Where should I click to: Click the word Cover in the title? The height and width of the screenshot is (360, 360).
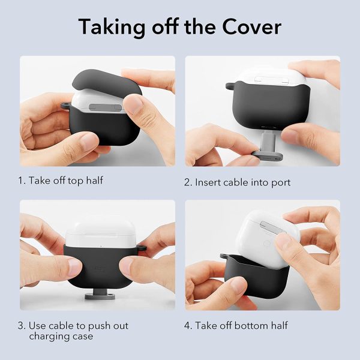(x=248, y=27)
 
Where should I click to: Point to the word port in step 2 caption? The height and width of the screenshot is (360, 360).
(x=280, y=182)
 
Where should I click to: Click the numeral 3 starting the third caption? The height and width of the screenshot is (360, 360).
(x=21, y=326)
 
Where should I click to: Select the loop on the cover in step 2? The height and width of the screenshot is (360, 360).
(x=229, y=88)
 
